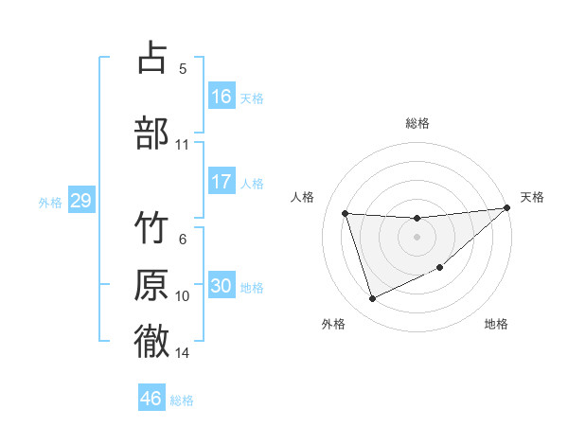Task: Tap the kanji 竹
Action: (152, 230)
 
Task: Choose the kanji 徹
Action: (152, 341)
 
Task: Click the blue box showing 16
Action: (222, 97)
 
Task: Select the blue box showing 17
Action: (222, 182)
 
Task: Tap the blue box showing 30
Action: (222, 286)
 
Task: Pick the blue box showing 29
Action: (80, 201)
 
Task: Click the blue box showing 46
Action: (151, 399)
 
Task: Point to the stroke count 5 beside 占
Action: (183, 68)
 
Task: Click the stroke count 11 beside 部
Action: (182, 145)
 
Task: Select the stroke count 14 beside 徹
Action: (182, 353)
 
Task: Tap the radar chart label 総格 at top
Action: (417, 123)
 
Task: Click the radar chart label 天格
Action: (532, 197)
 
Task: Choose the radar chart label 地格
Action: (496, 325)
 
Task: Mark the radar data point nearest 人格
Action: (346, 213)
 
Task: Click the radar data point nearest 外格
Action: (372, 299)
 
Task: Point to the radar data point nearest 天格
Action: (506, 208)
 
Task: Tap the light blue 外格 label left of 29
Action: (49, 203)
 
